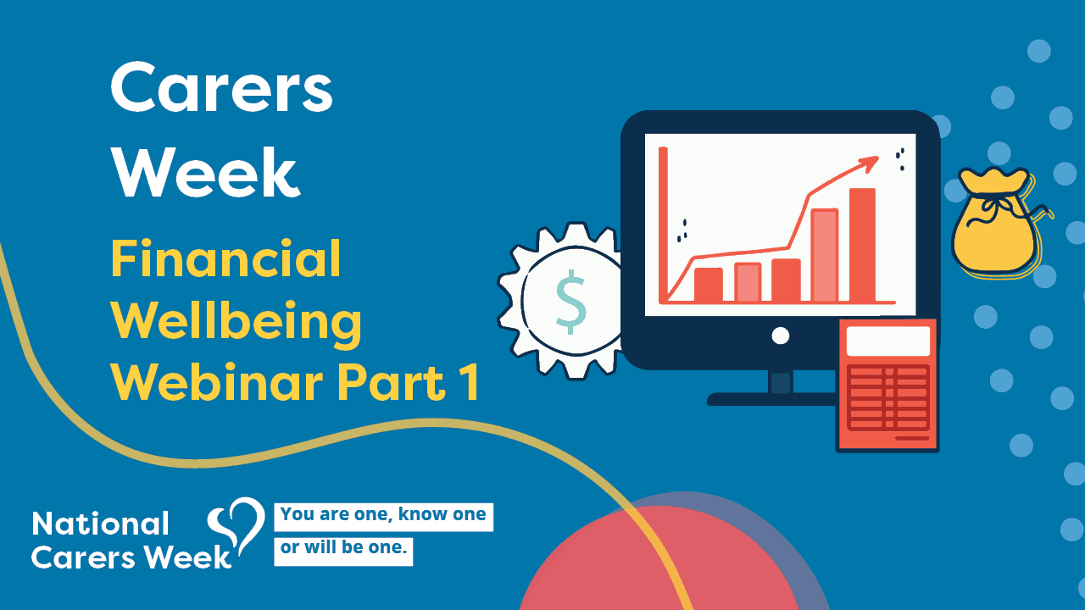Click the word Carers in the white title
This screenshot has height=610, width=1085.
[222, 87]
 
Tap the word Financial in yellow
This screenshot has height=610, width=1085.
[226, 258]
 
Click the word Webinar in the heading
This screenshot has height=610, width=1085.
[217, 381]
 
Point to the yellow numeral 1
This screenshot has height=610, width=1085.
[470, 382]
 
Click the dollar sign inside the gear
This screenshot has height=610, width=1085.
[571, 302]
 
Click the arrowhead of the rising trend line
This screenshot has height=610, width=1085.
[870, 164]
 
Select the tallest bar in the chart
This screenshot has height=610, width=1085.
[863, 245]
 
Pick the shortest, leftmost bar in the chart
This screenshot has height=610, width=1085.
[708, 285]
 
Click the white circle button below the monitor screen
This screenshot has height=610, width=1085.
[781, 335]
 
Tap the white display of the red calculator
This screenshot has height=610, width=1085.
[887, 341]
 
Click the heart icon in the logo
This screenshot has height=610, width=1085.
[236, 527]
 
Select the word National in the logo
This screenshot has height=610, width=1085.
[100, 524]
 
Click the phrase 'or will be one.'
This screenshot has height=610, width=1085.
[343, 547]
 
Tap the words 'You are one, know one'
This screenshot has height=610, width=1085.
[383, 514]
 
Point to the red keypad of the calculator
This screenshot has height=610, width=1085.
[887, 398]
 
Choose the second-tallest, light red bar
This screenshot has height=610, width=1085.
[825, 255]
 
